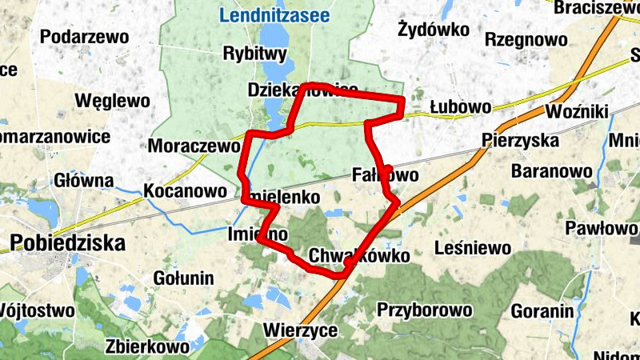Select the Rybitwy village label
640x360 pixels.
point(255,54)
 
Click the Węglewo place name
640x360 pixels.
point(112,101)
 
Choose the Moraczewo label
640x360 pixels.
point(194,146)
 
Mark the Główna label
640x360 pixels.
point(86,181)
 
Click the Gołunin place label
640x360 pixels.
point(183,278)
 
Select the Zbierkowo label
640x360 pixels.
point(147,347)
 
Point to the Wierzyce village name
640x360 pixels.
point(300,330)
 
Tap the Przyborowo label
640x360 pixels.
point(423,310)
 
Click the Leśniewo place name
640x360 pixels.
point(472,248)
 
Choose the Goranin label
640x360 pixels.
point(543,311)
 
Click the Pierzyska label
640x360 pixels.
point(521,140)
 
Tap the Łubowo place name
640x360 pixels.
point(460,107)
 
